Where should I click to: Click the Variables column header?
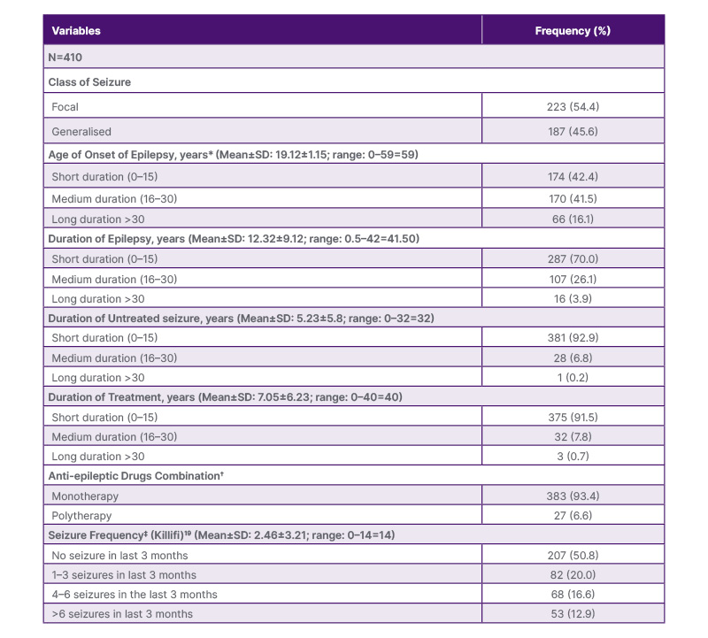tap(76, 31)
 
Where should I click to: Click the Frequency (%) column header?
tap(573, 31)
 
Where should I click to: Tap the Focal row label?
tap(65, 107)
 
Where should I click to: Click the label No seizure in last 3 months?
tap(119, 556)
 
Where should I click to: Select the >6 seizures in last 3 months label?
tap(122, 614)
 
